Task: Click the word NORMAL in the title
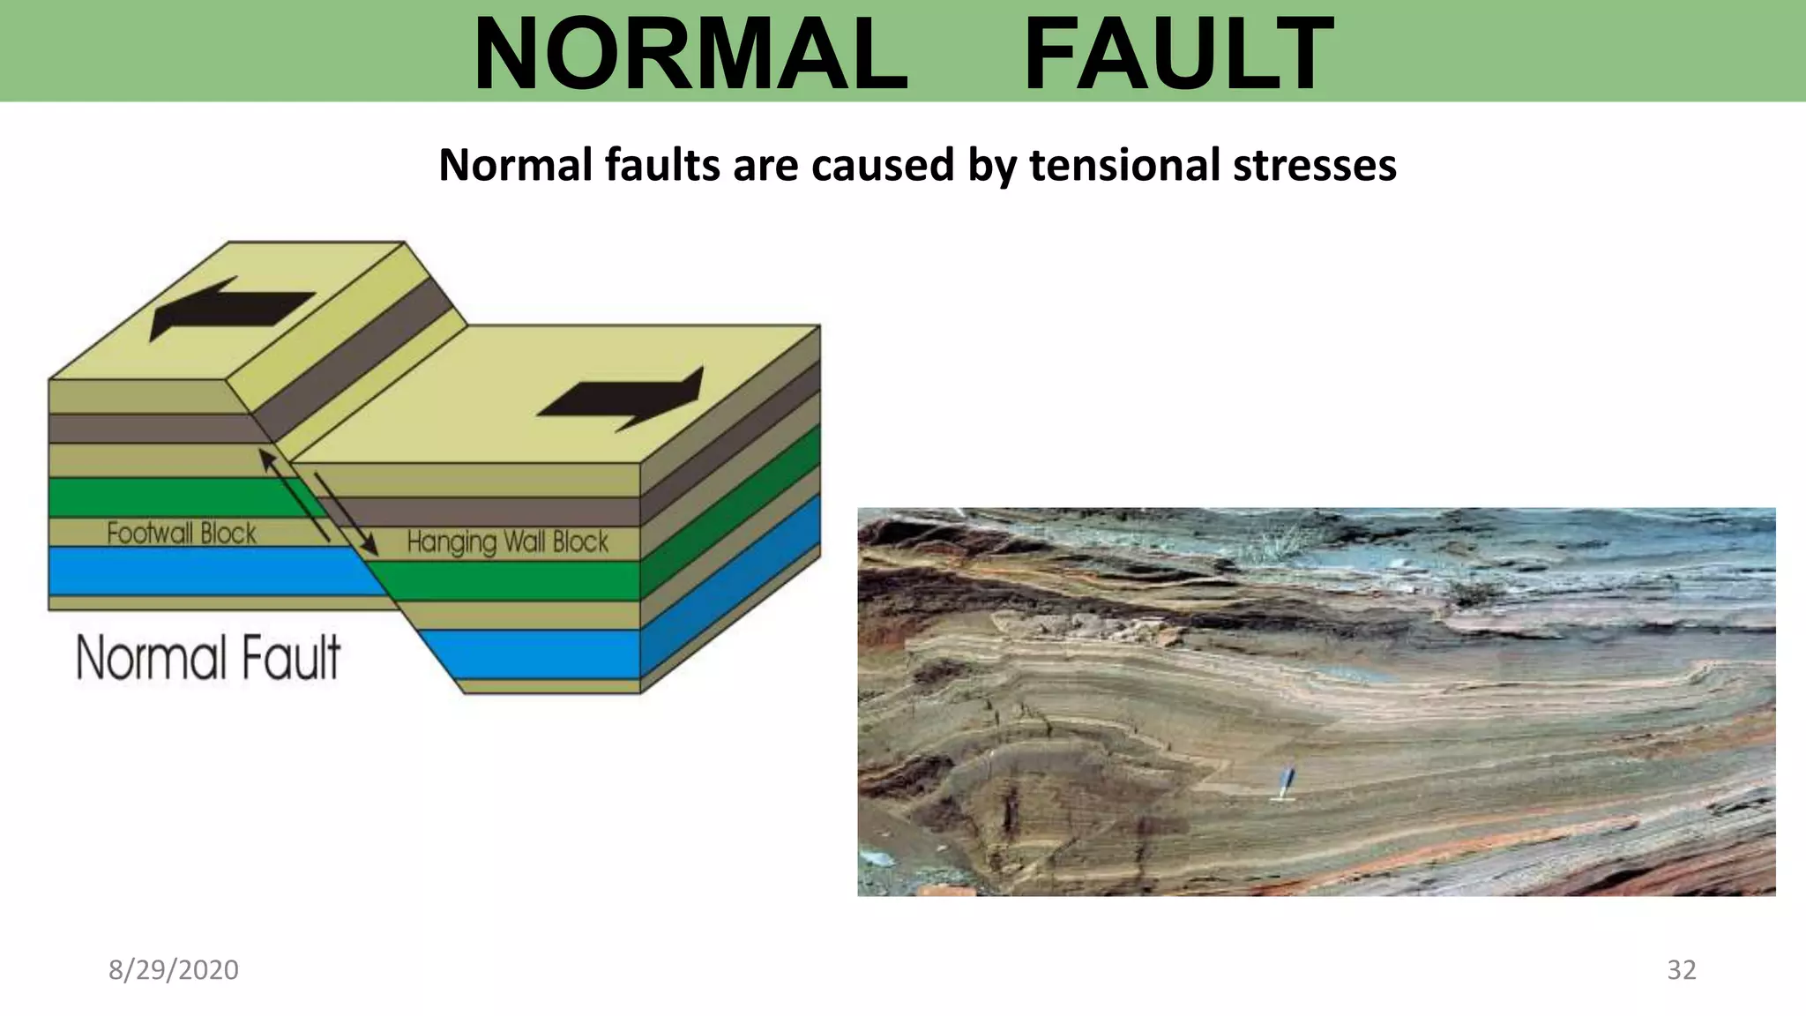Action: tap(690, 55)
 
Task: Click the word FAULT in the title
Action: tap(1178, 55)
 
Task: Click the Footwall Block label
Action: tap(182, 533)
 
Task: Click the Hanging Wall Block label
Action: tap(508, 542)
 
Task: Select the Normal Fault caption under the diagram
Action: tap(208, 658)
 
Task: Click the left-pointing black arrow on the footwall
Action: tap(229, 309)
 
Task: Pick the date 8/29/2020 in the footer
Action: tap(174, 969)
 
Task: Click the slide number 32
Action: tap(1681, 969)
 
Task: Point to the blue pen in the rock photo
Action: tap(1287, 782)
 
